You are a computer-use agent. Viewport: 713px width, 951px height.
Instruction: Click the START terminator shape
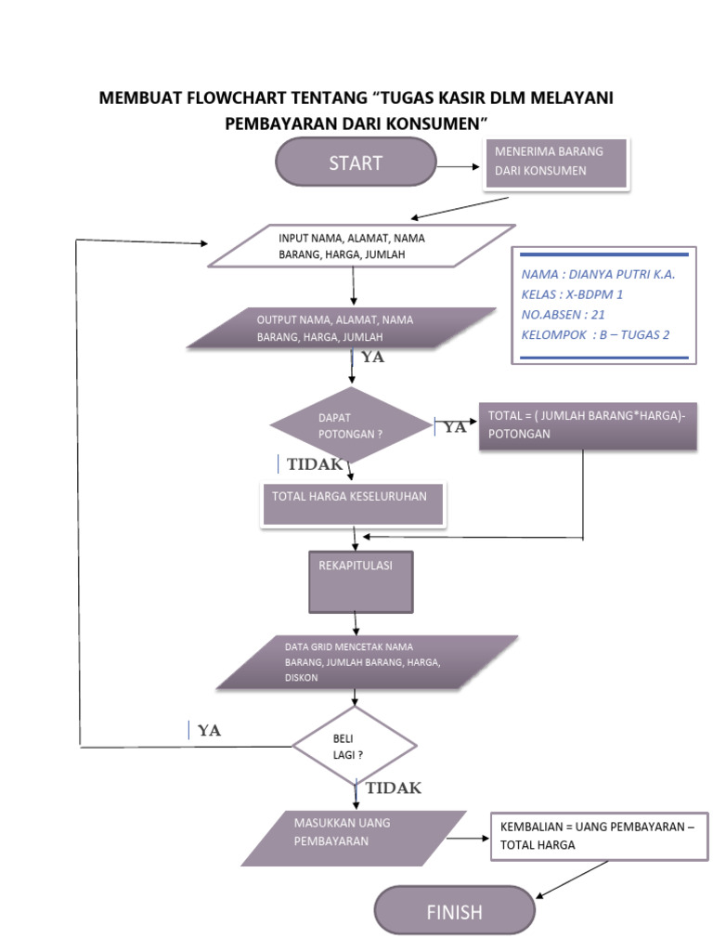click(356, 163)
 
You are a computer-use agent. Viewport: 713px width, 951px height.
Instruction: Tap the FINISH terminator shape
click(454, 912)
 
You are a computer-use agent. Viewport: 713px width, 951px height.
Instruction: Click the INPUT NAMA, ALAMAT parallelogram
click(361, 246)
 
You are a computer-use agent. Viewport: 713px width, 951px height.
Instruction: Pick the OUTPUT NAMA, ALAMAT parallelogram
click(342, 328)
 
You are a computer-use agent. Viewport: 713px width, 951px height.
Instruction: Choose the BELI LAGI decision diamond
click(355, 746)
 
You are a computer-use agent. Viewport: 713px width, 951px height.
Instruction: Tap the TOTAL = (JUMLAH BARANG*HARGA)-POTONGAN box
click(588, 425)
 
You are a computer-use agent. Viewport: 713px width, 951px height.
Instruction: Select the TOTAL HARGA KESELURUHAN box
click(354, 502)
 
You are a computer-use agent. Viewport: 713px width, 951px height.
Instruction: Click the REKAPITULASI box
click(360, 581)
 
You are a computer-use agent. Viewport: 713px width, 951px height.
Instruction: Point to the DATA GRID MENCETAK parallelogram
click(368, 661)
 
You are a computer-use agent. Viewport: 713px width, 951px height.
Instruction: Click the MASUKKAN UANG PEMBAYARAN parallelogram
click(354, 837)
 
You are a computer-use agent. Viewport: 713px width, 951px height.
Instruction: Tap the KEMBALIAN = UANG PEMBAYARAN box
click(598, 835)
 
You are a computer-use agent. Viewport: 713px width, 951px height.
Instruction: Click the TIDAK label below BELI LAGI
click(393, 788)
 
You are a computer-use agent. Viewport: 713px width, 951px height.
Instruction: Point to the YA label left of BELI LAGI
click(209, 731)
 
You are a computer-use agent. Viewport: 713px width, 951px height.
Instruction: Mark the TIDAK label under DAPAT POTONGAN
click(315, 464)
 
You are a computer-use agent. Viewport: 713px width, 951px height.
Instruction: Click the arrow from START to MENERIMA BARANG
click(460, 167)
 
